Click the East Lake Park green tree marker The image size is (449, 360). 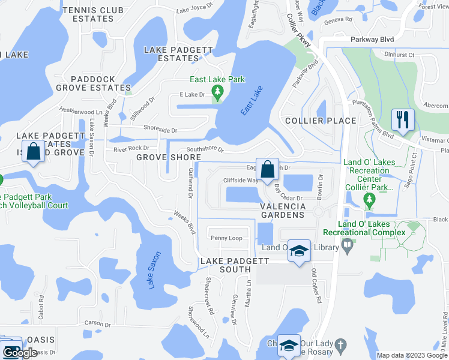218,92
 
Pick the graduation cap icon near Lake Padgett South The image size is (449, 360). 298,250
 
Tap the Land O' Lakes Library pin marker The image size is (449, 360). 347,245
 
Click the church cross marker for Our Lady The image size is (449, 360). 340,345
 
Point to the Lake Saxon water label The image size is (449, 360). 155,269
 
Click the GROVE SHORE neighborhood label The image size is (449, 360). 169,157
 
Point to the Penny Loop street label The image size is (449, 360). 226,238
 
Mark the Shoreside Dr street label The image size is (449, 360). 160,130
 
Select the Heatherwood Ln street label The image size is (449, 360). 81,111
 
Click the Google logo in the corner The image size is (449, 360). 19,353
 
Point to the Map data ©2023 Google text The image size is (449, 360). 411,355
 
